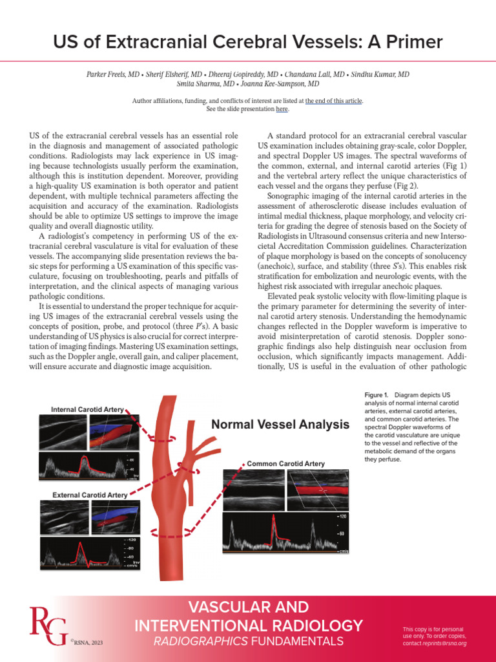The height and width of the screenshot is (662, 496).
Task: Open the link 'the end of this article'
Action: (x=335, y=101)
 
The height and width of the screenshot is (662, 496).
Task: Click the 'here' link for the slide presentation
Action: (x=282, y=109)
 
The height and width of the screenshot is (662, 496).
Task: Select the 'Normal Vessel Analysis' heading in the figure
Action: (x=280, y=425)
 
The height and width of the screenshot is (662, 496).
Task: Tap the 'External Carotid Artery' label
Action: (x=90, y=495)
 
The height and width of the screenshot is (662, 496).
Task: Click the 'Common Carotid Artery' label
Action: (x=286, y=464)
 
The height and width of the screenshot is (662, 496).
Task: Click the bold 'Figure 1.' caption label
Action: (x=375, y=394)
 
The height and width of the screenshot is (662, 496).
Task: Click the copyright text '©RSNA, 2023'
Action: (x=86, y=643)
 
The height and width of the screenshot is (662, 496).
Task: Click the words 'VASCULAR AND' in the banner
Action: (x=249, y=608)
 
